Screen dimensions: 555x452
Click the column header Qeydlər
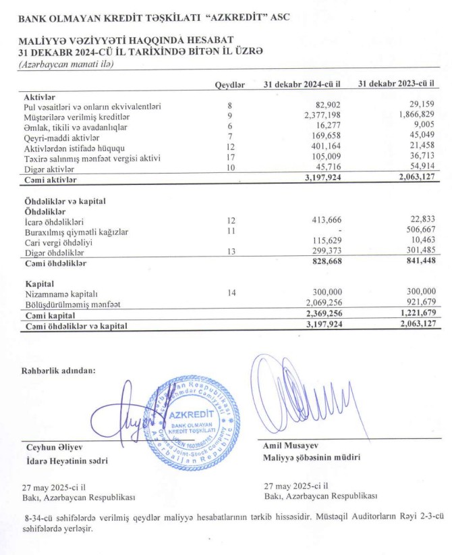(229, 84)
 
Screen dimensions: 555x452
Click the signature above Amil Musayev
(307, 398)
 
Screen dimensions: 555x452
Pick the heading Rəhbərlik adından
(58, 369)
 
